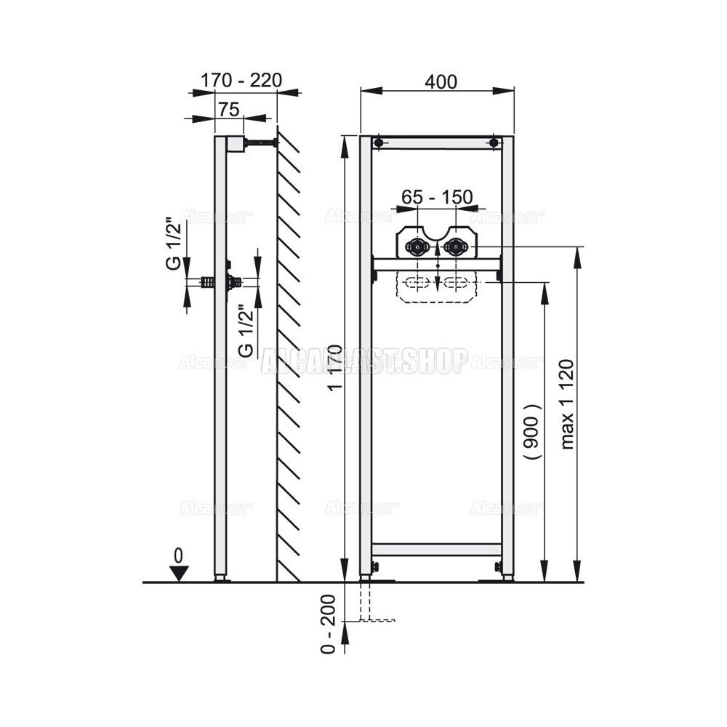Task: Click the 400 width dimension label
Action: [x=442, y=82]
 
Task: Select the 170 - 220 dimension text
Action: [x=241, y=80]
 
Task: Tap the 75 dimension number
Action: [x=229, y=109]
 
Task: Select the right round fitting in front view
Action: [x=456, y=247]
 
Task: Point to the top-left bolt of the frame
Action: [x=378, y=142]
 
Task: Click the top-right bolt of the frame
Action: [x=495, y=142]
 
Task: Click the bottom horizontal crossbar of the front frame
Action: [x=437, y=550]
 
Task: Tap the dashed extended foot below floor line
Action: [x=366, y=602]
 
